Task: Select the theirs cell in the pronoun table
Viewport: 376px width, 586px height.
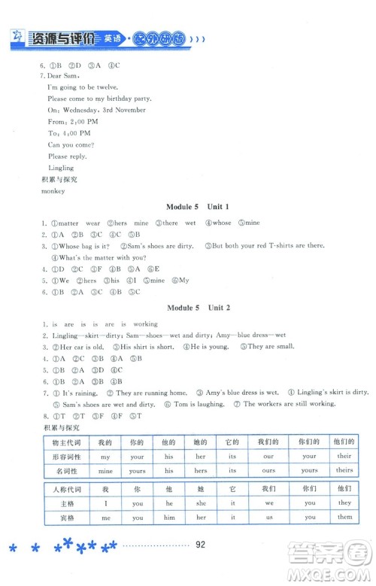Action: tap(344, 470)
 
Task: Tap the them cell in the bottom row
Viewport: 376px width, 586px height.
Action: tap(344, 518)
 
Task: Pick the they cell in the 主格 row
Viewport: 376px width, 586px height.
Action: tap(344, 503)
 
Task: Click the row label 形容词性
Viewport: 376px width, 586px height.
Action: tap(63, 456)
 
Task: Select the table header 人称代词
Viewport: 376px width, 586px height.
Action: tap(63, 488)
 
